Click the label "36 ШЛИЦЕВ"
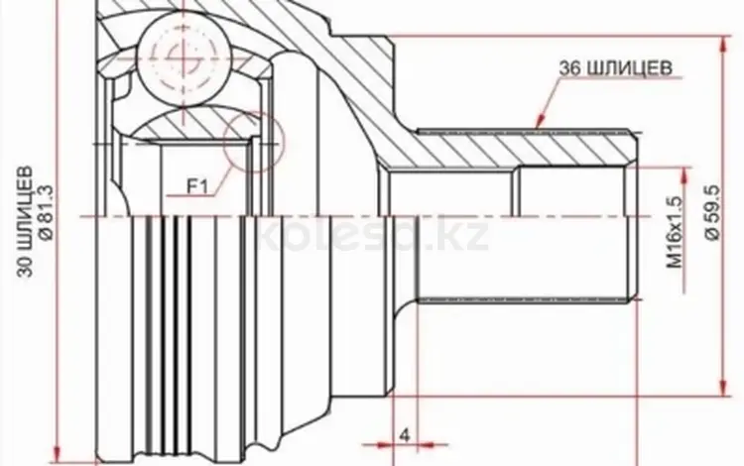click(x=615, y=68)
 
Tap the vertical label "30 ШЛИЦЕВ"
click(x=26, y=221)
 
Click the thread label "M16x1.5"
click(x=676, y=232)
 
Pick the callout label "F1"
click(x=197, y=187)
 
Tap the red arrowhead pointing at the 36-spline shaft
click(x=540, y=121)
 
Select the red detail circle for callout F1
click(x=253, y=141)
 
